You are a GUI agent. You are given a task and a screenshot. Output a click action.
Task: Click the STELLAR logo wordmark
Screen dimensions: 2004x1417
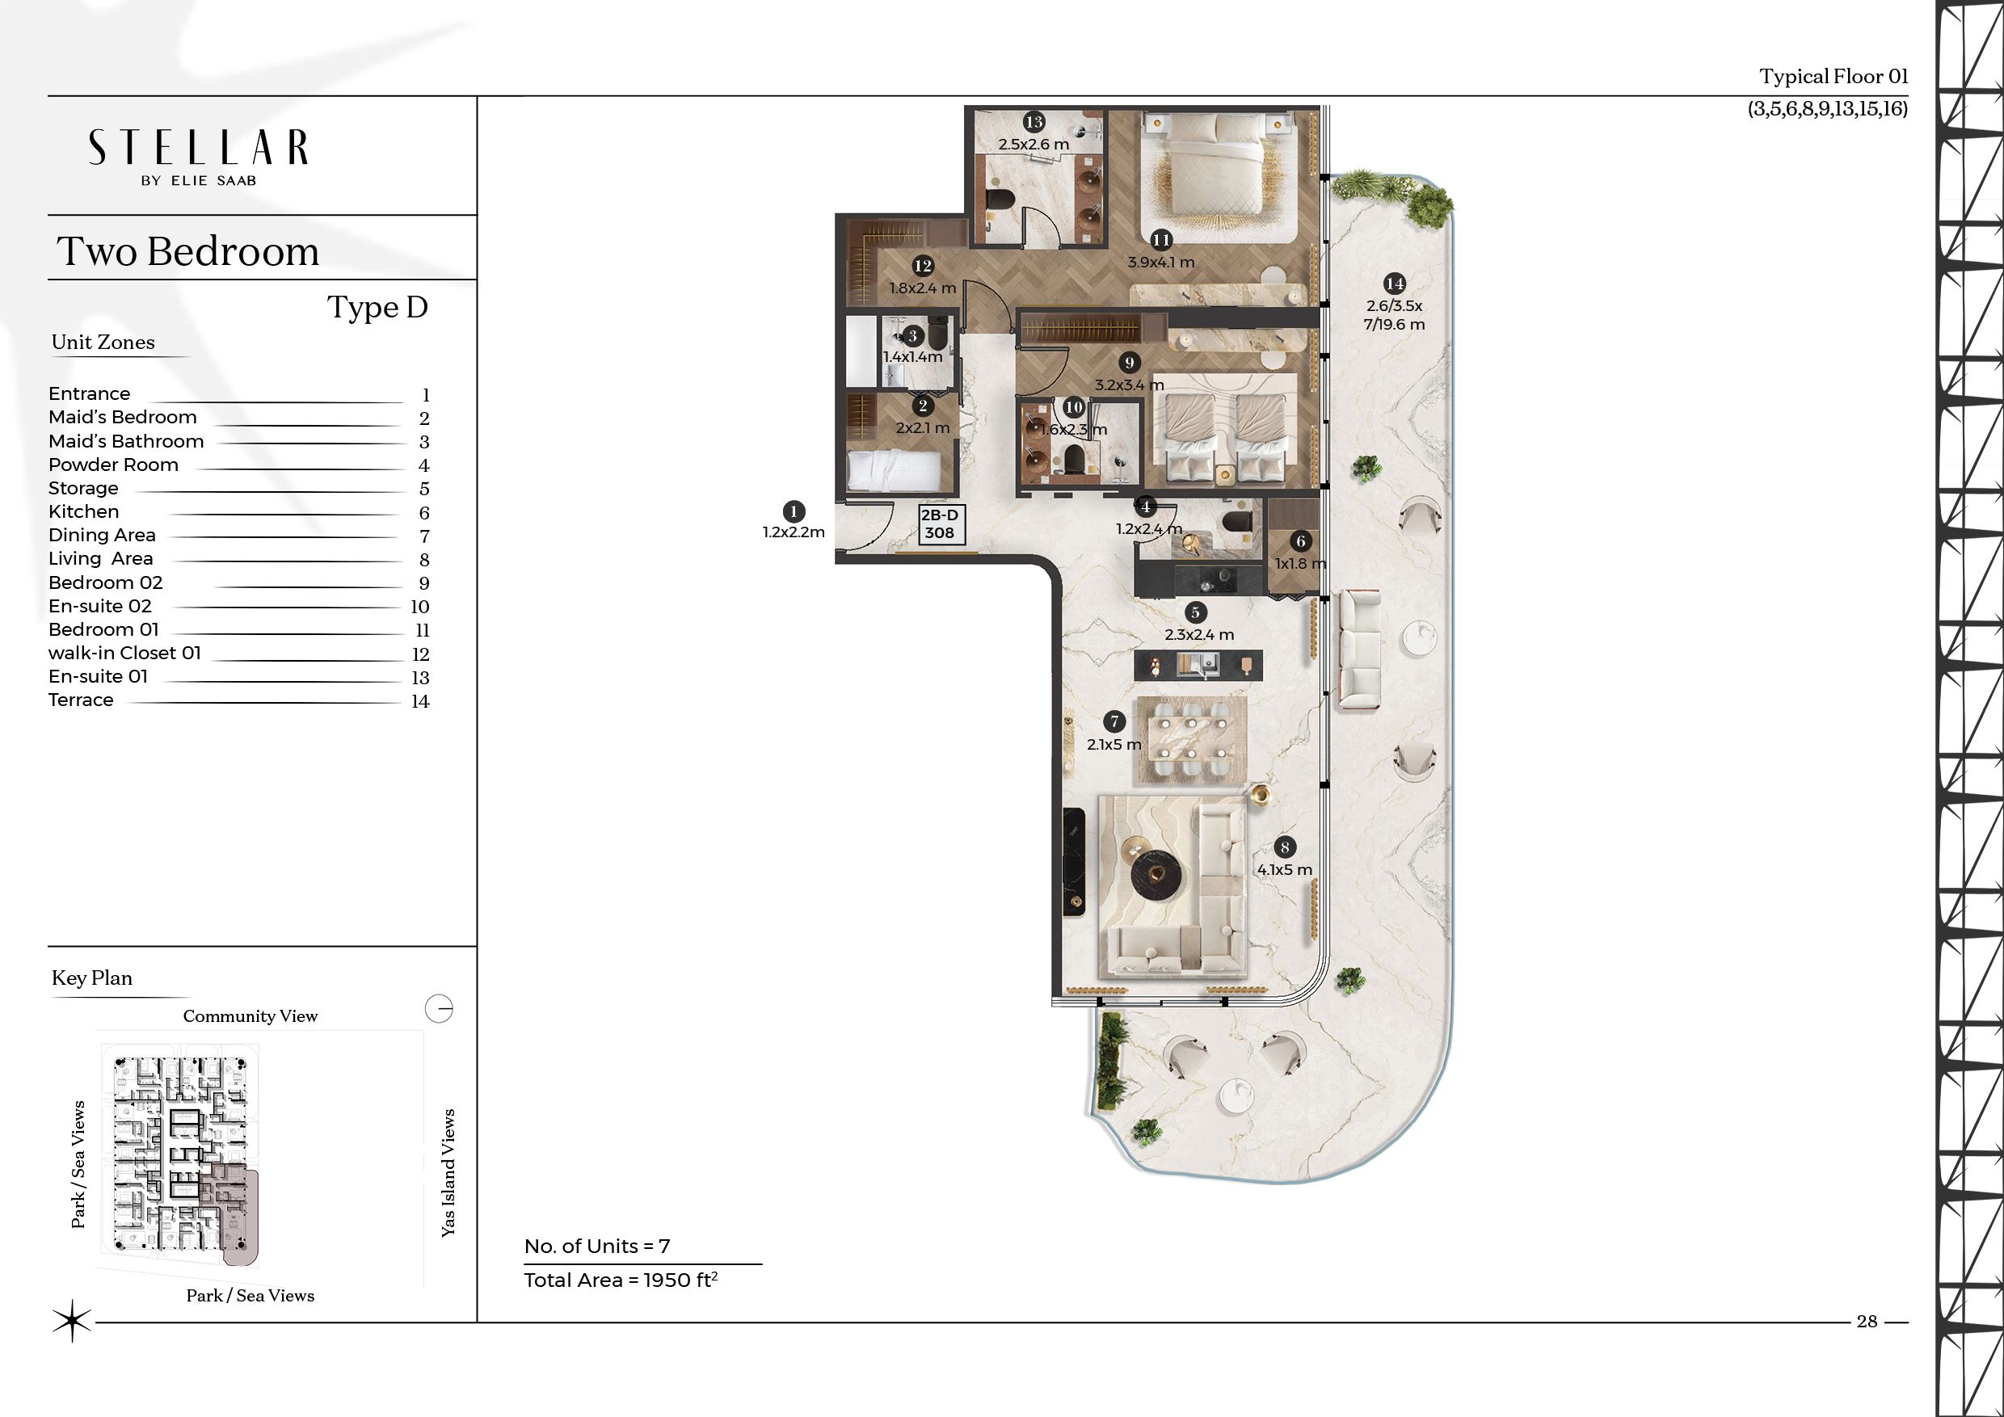(198, 148)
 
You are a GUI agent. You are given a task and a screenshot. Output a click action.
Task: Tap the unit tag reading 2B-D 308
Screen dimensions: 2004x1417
(940, 524)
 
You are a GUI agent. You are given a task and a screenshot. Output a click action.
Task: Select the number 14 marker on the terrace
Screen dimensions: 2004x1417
(1395, 283)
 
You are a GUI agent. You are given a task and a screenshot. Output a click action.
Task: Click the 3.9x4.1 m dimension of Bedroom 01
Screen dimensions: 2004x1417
(1161, 262)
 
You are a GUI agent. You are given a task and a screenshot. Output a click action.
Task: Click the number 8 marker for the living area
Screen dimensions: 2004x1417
(1285, 847)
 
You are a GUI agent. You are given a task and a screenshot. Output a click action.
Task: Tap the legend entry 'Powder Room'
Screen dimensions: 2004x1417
(113, 465)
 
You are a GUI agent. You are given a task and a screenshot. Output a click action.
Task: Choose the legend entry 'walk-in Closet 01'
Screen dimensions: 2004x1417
(124, 653)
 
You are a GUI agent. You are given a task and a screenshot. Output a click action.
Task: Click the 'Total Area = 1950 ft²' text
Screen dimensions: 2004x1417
(621, 1280)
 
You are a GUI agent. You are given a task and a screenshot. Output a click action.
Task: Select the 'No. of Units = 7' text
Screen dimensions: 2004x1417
(597, 1246)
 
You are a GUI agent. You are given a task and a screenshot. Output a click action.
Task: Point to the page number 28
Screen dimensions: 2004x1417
(1867, 1321)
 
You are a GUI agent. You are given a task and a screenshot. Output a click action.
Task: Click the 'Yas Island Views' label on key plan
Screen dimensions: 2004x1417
(448, 1173)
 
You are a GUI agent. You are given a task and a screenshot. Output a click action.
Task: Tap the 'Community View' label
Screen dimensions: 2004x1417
(250, 1015)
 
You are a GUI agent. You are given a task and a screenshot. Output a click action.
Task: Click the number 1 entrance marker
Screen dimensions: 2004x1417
(794, 511)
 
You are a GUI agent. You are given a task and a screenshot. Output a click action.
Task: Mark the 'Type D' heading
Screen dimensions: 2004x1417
(378, 307)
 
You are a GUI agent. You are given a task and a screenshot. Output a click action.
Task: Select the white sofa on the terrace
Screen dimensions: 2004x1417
(1360, 648)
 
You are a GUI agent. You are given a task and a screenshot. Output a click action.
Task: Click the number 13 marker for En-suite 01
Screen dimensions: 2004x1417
(1034, 122)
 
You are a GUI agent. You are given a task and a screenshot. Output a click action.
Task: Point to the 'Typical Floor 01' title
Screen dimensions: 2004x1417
(1833, 77)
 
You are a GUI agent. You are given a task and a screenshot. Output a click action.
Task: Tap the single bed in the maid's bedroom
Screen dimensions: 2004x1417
(895, 471)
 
